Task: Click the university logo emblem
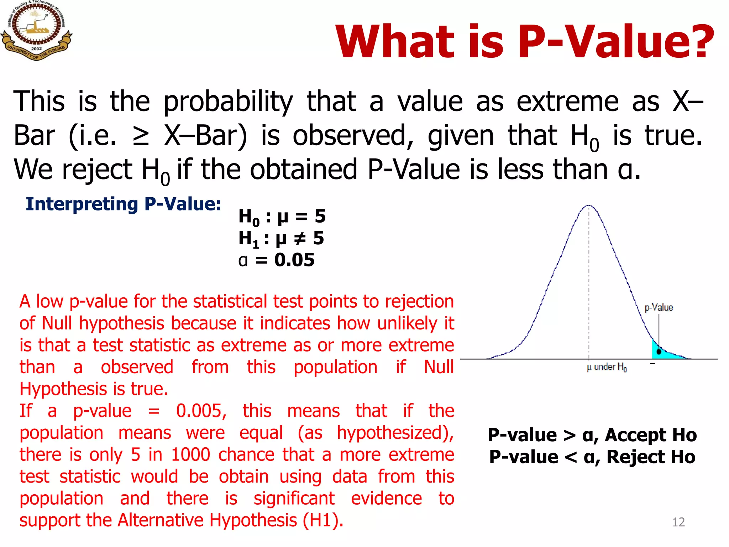click(x=36, y=30)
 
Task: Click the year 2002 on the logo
click(x=36, y=49)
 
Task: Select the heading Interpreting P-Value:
click(x=123, y=204)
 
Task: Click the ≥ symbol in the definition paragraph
click(x=141, y=136)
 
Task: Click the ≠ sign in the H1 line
click(x=300, y=238)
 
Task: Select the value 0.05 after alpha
click(x=294, y=260)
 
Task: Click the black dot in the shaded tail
click(x=659, y=352)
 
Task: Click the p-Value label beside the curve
click(x=659, y=307)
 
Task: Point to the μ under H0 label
click(x=607, y=367)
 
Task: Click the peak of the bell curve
click(x=589, y=206)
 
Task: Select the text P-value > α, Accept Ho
click(x=592, y=435)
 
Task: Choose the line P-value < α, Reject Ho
click(x=592, y=457)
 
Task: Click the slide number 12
click(x=678, y=522)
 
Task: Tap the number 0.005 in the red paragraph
click(x=201, y=411)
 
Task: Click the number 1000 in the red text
click(x=190, y=455)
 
